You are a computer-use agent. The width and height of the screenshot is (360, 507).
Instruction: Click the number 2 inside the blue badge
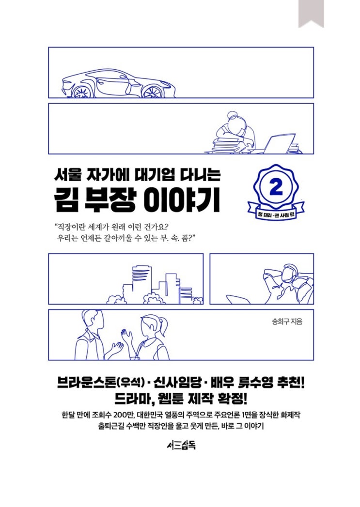[x=276, y=187]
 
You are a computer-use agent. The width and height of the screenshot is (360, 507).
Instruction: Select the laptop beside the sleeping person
[x=279, y=144]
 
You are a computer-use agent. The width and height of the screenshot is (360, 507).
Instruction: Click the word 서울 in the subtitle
[x=66, y=175]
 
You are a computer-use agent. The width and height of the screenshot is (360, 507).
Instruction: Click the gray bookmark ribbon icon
[x=311, y=13]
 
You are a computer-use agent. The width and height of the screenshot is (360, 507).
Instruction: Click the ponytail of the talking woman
[x=165, y=324]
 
